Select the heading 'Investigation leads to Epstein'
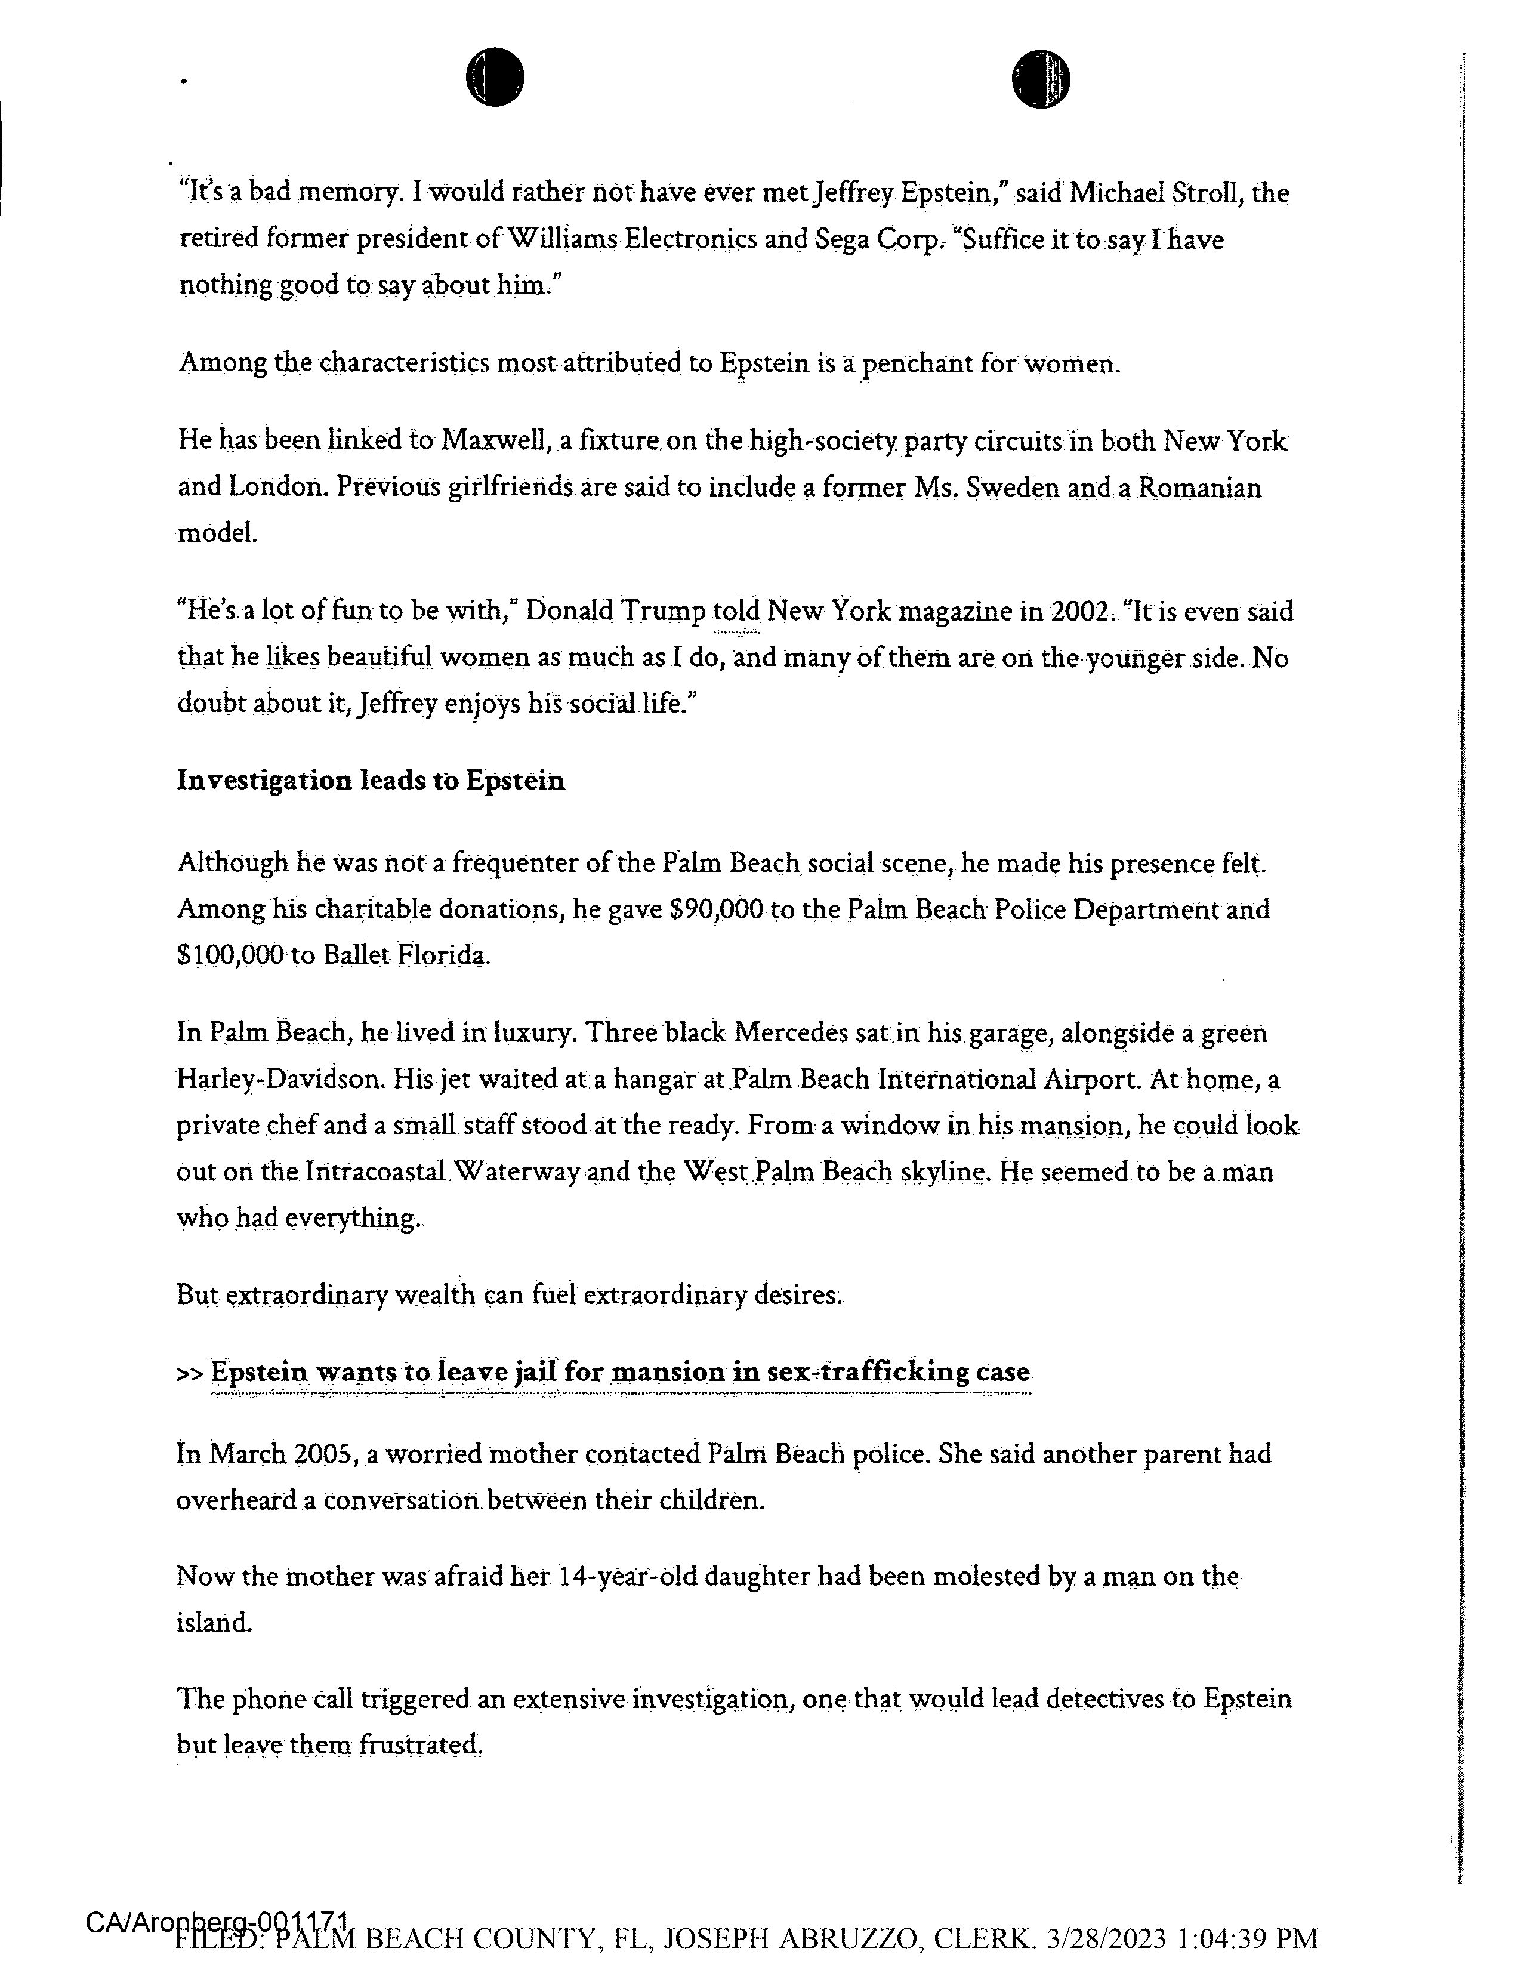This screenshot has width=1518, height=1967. click(x=371, y=781)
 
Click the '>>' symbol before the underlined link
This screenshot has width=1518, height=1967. click(x=189, y=1374)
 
